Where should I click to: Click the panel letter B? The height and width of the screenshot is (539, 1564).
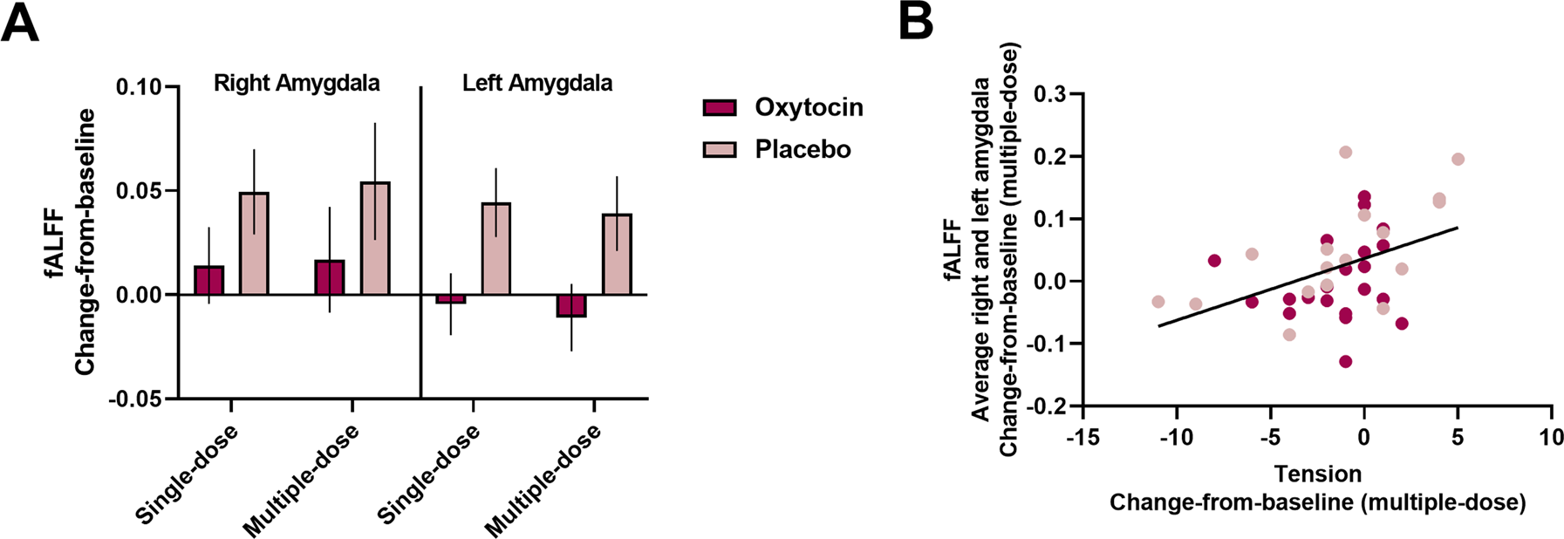(x=915, y=21)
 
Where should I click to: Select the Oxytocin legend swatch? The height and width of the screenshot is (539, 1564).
(x=720, y=107)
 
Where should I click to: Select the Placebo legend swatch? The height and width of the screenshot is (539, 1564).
(x=720, y=149)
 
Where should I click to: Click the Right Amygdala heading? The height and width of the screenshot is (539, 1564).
(x=297, y=84)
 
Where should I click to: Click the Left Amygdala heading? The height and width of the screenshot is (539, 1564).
(x=536, y=84)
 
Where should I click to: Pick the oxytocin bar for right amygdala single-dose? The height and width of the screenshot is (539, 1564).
(x=209, y=281)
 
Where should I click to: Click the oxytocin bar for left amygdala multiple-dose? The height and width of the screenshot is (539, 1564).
(x=571, y=305)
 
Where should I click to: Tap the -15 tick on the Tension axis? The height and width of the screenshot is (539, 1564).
(x=1082, y=436)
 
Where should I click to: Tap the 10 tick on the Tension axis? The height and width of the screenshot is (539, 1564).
(x=1551, y=436)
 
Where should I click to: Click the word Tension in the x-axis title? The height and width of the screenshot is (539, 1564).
(x=1317, y=474)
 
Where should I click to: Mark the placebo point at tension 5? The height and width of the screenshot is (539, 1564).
(x=1458, y=160)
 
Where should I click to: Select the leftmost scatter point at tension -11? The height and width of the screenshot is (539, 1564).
(x=1158, y=302)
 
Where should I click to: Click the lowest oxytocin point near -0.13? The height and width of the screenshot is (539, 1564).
(x=1346, y=361)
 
